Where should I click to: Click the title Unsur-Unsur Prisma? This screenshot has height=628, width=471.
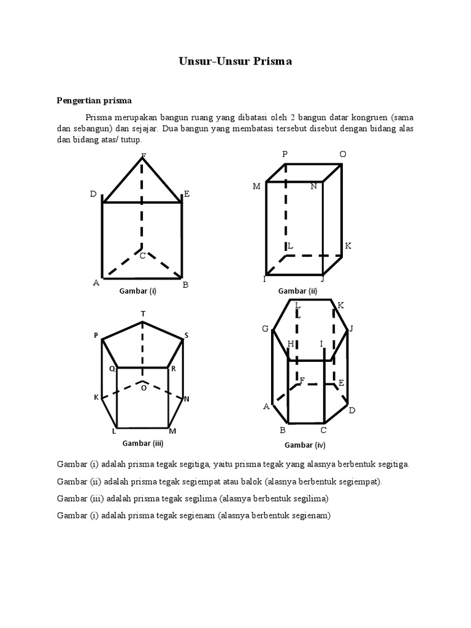(235, 61)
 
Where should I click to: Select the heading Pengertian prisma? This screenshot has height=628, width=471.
(94, 100)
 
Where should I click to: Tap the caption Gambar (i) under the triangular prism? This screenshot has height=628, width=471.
(138, 291)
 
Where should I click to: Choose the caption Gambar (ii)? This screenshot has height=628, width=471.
(297, 291)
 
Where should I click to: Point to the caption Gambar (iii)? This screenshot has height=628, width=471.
(142, 442)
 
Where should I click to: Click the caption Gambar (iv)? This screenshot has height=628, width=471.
(304, 445)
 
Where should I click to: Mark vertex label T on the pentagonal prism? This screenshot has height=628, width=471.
(143, 314)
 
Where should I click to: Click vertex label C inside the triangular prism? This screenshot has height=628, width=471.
(142, 256)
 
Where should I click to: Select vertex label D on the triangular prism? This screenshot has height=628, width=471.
(93, 194)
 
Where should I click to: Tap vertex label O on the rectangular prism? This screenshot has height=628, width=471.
(343, 155)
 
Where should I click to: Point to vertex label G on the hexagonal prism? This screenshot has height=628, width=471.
(266, 329)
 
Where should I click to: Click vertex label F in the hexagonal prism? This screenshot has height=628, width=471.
(302, 381)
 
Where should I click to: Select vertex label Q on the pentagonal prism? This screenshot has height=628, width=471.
(112, 369)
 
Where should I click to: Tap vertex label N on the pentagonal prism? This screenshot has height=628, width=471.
(186, 399)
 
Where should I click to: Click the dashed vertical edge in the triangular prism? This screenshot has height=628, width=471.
(143, 202)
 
